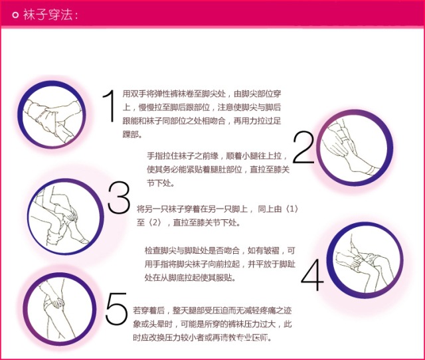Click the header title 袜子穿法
pyautogui.click(x=48, y=15)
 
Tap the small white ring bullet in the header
pyautogui.click(x=15, y=15)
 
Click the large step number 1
pyautogui.click(x=110, y=106)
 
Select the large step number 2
pyautogui.click(x=303, y=147)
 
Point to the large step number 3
pyautogui.click(x=119, y=197)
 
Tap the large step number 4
pyautogui.click(x=312, y=275)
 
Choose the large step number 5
pyautogui.click(x=117, y=308)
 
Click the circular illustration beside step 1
pyautogui.click(x=52, y=114)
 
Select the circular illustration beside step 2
pyautogui.click(x=355, y=148)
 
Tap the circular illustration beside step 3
pyautogui.click(x=66, y=217)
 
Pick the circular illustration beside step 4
pyautogui.click(x=365, y=260)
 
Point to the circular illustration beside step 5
pyautogui.click(x=60, y=310)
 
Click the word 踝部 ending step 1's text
pyautogui.click(x=130, y=134)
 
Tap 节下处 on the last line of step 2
pyautogui.click(x=159, y=183)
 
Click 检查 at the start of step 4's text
pyautogui.click(x=153, y=250)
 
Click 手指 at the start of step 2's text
pyautogui.click(x=155, y=156)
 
